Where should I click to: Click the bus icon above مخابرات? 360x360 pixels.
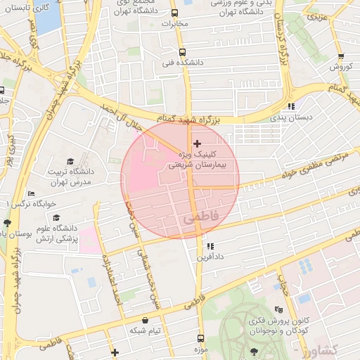176,13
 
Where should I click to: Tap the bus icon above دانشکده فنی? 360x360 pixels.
183,52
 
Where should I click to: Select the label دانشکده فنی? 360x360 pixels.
183,63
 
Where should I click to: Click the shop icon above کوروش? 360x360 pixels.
341,57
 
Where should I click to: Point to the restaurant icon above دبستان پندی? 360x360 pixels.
292,107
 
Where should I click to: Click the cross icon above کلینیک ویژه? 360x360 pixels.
197,143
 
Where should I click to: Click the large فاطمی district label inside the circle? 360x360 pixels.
201,219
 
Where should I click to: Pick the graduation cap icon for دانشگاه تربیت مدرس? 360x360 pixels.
70,162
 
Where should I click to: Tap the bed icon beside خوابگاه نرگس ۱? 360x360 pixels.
30,193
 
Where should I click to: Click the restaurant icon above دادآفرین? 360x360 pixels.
210,246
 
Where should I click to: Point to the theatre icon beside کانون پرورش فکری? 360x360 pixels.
278,309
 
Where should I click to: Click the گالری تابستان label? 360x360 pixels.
25,8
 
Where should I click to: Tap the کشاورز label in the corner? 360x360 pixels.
337,349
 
